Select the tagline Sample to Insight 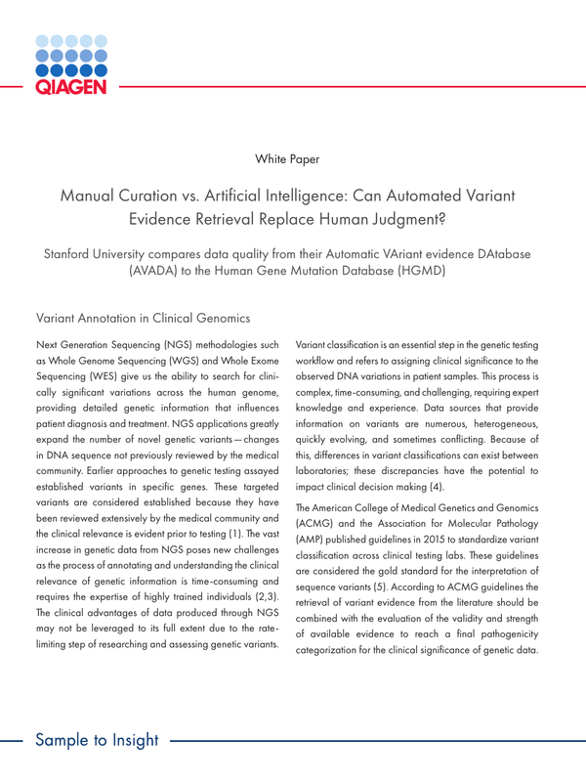[x=97, y=739]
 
